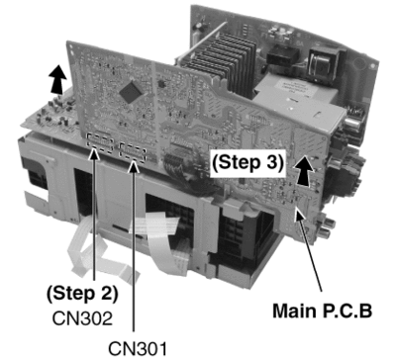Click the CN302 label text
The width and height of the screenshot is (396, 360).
click(82, 318)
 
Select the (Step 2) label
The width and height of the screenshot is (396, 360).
click(82, 294)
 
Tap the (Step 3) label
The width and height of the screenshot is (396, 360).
click(247, 162)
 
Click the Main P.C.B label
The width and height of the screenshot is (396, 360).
click(322, 311)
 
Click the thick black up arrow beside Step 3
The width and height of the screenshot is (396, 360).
click(303, 171)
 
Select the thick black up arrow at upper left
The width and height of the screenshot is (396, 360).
click(57, 79)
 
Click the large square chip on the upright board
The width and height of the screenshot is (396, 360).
click(131, 91)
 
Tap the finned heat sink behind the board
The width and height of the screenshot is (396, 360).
click(225, 59)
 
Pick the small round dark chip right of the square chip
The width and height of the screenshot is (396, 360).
click(161, 83)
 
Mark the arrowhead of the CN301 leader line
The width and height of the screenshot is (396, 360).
click(134, 166)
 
